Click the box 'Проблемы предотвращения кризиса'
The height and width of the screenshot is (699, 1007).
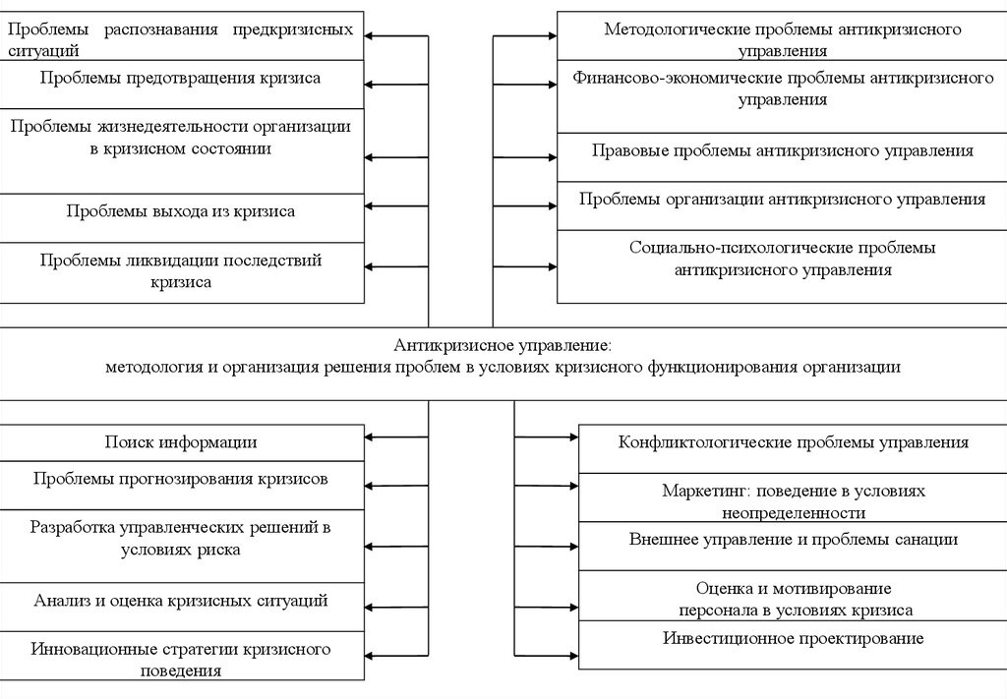pyautogui.click(x=182, y=85)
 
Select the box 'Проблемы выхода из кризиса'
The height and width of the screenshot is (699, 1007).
pyautogui.click(x=182, y=218)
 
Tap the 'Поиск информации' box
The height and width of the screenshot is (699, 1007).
pyautogui.click(x=182, y=442)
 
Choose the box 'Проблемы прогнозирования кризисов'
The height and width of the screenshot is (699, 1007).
pyautogui.click(x=182, y=486)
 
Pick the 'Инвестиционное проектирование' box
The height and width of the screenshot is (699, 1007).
pyautogui.click(x=794, y=645)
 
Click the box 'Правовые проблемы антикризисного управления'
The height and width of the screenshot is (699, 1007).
pyautogui.click(x=782, y=157)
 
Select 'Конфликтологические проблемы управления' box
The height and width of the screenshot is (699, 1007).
pyautogui.click(x=794, y=448)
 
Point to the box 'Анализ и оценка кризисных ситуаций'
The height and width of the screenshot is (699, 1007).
pyautogui.click(x=182, y=607)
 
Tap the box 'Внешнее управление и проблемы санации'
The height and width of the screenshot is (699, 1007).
pyautogui.click(x=794, y=546)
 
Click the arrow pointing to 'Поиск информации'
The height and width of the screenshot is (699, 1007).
pyautogui.click(x=396, y=437)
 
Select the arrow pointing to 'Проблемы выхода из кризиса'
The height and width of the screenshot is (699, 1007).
pyautogui.click(x=396, y=206)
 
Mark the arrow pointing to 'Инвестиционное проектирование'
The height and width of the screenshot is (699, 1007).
pyautogui.click(x=547, y=656)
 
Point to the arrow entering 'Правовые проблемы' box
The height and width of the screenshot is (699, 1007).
pyautogui.click(x=525, y=157)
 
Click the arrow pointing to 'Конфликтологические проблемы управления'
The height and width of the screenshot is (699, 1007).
pyautogui.click(x=547, y=437)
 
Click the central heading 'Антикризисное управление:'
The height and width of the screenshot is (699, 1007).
pyautogui.click(x=503, y=345)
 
